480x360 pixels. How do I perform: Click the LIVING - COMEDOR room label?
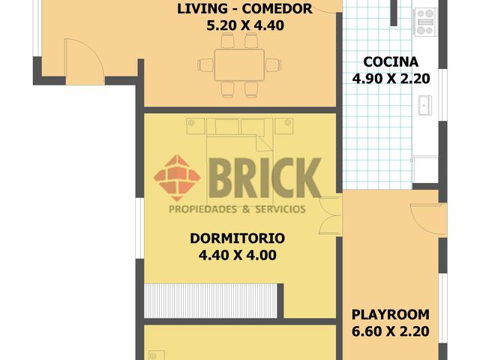click(244, 8)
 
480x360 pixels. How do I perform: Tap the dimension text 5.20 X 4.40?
click(245, 25)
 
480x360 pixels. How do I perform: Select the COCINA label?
click(391, 61)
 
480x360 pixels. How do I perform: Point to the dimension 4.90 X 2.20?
click(391, 79)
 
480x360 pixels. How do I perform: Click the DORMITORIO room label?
click(238, 238)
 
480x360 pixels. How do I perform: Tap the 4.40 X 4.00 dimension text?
click(238, 255)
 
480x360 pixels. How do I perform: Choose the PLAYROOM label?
click(390, 315)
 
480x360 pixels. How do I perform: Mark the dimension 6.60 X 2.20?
click(390, 331)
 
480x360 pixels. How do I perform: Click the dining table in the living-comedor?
click(239, 65)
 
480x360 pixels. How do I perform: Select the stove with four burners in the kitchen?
click(425, 22)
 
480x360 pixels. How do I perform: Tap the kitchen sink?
click(425, 105)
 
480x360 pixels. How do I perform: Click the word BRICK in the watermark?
click(265, 178)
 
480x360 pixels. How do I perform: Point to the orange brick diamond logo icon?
click(177, 178)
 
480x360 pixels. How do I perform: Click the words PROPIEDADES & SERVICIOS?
click(237, 209)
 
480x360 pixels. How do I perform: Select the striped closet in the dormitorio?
click(211, 301)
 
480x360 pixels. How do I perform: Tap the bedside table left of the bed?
click(195, 126)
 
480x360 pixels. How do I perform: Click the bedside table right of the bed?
click(283, 126)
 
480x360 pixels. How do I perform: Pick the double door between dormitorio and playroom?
click(330, 215)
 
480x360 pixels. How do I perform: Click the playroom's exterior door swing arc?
click(426, 220)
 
